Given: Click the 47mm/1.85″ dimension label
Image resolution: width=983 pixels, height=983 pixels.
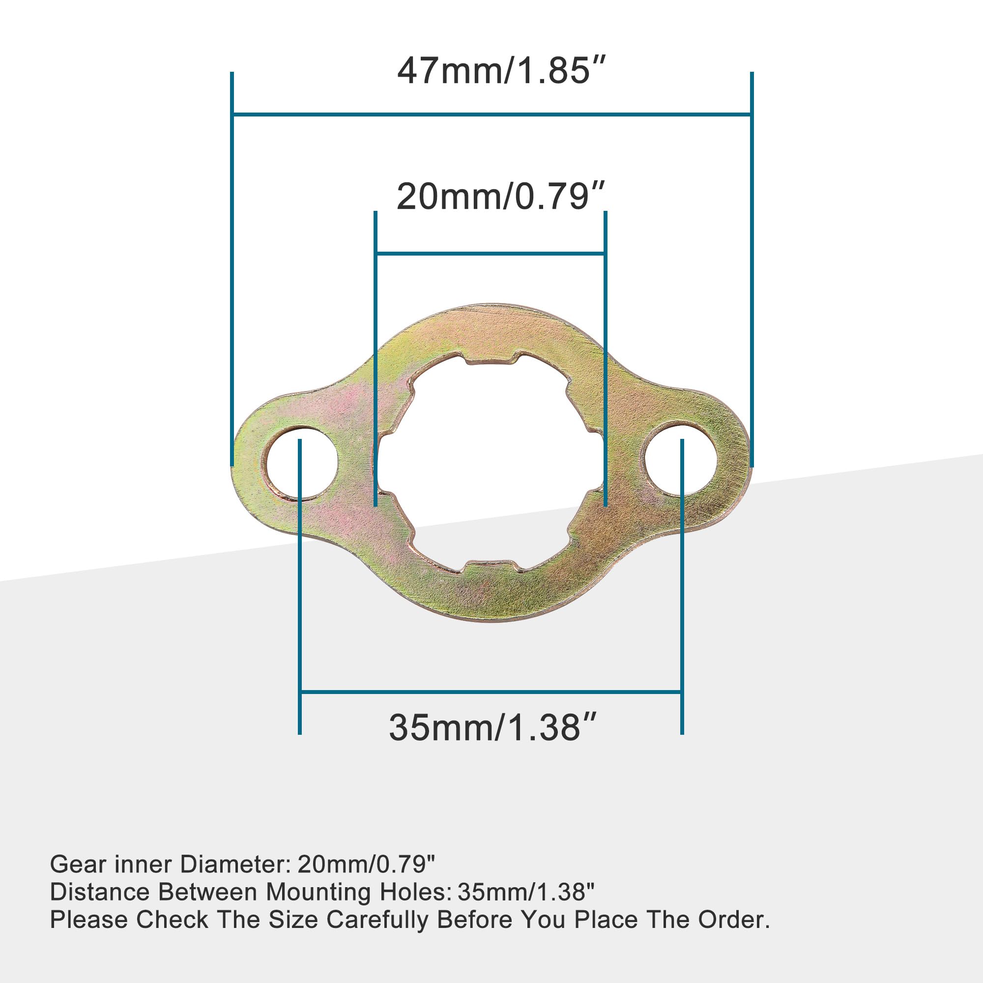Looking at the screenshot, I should click(x=501, y=71).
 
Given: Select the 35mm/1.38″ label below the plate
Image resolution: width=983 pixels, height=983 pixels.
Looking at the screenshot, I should click(x=492, y=727).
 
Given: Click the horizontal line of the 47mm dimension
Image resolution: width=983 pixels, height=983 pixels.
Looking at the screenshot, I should click(x=491, y=115).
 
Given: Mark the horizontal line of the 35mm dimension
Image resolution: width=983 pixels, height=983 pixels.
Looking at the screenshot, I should click(x=491, y=692).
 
